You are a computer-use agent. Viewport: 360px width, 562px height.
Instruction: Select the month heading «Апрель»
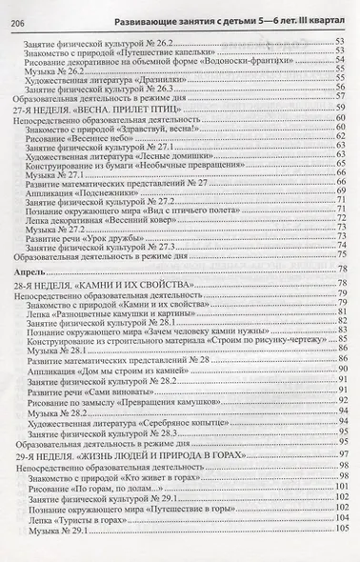[x=32, y=272]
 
